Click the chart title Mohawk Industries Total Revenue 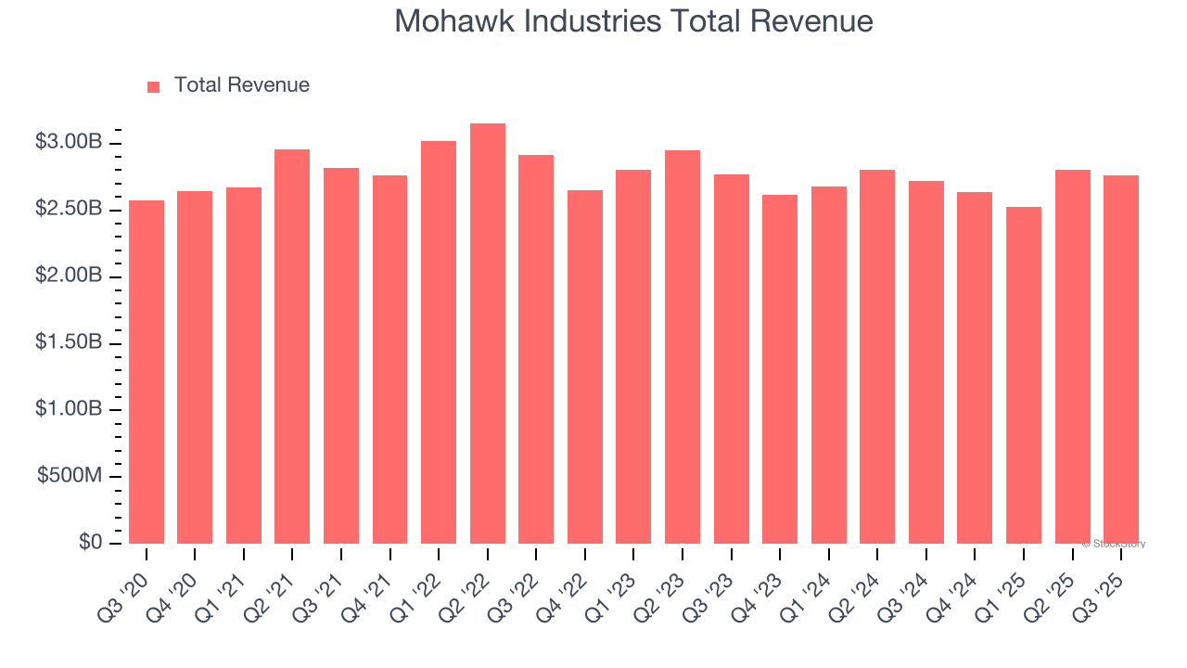[633, 20]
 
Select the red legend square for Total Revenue [154, 86]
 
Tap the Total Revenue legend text [241, 85]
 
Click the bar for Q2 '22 [488, 334]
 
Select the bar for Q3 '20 [147, 372]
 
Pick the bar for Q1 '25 [1024, 375]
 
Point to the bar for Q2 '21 [292, 346]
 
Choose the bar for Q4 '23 [780, 369]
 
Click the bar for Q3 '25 [1121, 359]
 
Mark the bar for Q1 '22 [439, 342]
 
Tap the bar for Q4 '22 [585, 366]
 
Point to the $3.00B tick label [68, 143]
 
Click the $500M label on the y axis [70, 476]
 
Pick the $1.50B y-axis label [68, 343]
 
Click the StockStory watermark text [1116, 544]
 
